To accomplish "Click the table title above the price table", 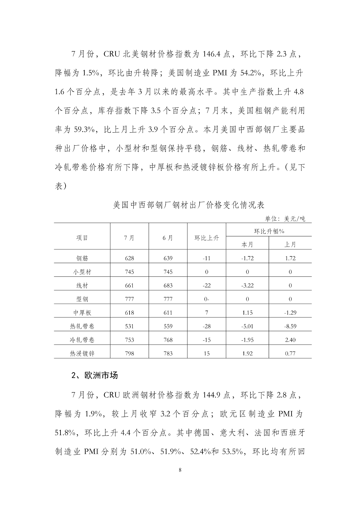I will point(189,205).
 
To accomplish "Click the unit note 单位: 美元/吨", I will point(285,219).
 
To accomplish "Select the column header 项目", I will point(82,238).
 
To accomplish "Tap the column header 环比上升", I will point(207,238).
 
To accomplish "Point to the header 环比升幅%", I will point(269,231).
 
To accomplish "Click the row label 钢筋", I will point(82,258).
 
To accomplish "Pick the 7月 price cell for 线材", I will point(130,285).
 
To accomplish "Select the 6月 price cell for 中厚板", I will point(168,313).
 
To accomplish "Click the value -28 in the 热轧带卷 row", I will point(207,326).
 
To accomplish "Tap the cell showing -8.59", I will point(290,326).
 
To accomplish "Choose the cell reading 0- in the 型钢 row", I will point(207,299).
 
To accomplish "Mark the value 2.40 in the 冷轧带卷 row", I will point(290,340).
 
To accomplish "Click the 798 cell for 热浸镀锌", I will point(130,353).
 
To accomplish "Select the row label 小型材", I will point(82,272).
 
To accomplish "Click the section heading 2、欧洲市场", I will point(95,375).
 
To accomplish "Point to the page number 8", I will point(180,470).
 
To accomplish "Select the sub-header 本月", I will point(247,244).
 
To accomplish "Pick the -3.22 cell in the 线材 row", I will point(247,285).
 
